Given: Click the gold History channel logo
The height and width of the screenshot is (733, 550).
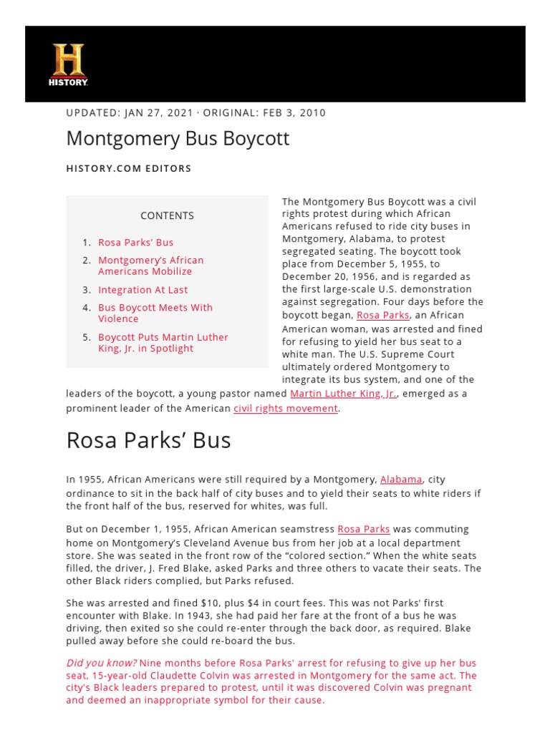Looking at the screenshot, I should point(68,64).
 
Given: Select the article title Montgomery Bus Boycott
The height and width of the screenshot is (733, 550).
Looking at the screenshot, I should point(178,138).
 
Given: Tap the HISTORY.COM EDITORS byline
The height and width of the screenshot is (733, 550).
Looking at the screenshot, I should point(129,169).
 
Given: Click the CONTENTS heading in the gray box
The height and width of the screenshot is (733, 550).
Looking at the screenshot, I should point(167,215).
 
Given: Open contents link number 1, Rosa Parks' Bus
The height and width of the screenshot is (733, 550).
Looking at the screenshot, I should point(135,243).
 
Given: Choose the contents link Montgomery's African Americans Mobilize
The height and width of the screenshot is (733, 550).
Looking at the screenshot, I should point(150,266).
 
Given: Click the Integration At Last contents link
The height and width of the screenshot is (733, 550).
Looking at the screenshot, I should point(143,290).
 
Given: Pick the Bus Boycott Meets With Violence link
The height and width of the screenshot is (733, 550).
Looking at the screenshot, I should point(155,313).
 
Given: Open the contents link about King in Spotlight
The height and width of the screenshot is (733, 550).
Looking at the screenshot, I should point(163,342).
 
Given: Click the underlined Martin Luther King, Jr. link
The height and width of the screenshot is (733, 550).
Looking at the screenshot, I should point(343,394).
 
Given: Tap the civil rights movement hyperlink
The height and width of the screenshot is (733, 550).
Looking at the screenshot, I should point(286,408).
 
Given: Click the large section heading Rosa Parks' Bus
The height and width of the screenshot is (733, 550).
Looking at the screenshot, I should point(148,440).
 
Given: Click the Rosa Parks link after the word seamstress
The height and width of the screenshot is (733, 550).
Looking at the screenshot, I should point(363,529).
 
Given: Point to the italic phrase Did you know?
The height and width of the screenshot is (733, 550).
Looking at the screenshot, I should point(101,663).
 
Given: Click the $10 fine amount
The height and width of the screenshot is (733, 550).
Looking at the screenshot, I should point(201,603).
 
